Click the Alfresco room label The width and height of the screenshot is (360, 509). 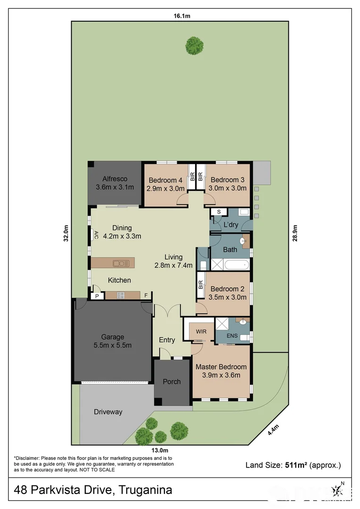tap(115, 179)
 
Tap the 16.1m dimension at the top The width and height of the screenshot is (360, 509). tap(181, 16)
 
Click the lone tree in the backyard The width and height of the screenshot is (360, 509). tap(194, 46)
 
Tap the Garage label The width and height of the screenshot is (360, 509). tap(113, 337)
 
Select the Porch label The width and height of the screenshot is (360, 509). tap(172, 381)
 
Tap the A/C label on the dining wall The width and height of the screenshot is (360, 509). tap(96, 234)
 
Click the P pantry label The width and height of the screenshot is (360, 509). tap(97, 296)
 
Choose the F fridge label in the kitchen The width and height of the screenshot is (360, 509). tap(146, 296)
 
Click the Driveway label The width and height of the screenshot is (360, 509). tap(108, 412)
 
